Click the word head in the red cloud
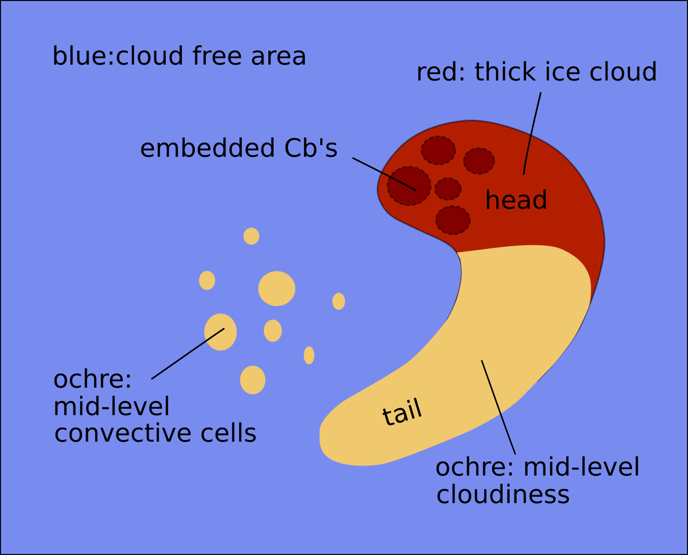516,201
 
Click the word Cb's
311,148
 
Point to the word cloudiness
503,495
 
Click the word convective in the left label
119,433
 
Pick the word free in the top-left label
217,56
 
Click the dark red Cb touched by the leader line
409,186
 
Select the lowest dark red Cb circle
453,220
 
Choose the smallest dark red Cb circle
448,189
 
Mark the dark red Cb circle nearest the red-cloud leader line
479,161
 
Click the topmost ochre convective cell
251,236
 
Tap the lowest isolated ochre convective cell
252,380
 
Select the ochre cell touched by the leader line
220,332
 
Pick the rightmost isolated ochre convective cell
339,301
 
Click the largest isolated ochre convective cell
277,289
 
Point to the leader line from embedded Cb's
384,174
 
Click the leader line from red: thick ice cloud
532,132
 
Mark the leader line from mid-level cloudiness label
498,406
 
